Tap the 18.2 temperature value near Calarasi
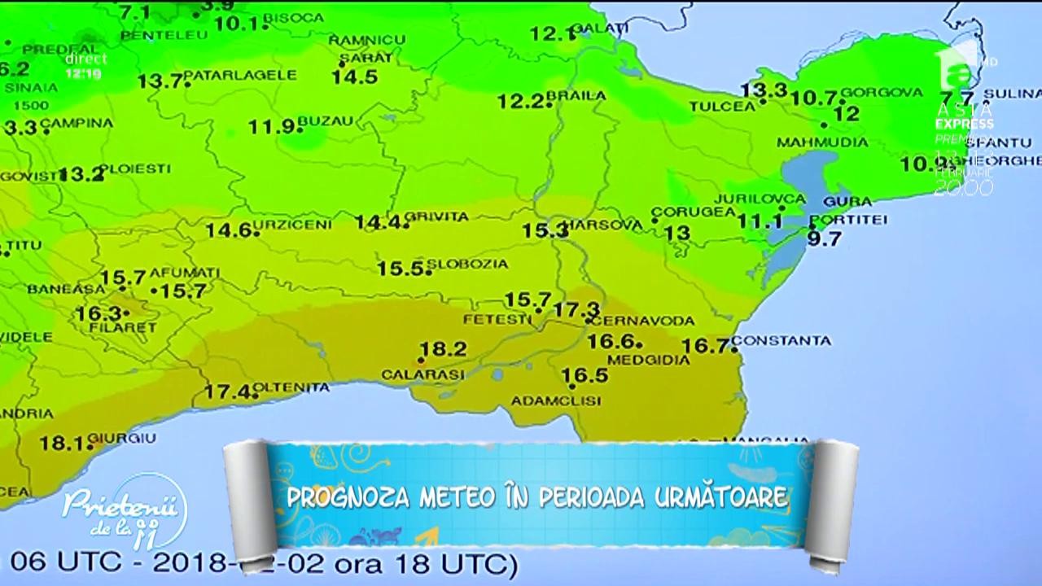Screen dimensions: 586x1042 coord(444,349)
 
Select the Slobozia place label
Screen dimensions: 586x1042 coord(467,264)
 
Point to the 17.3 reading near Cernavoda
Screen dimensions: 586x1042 coord(576,309)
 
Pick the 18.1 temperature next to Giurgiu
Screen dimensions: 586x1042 coord(62,444)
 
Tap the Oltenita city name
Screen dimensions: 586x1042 coord(291,387)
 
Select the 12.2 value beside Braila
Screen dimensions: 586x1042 coord(520,102)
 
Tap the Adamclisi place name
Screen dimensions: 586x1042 coord(556,400)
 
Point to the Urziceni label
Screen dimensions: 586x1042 coord(280,224)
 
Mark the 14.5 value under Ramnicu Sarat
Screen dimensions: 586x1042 coord(354,77)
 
